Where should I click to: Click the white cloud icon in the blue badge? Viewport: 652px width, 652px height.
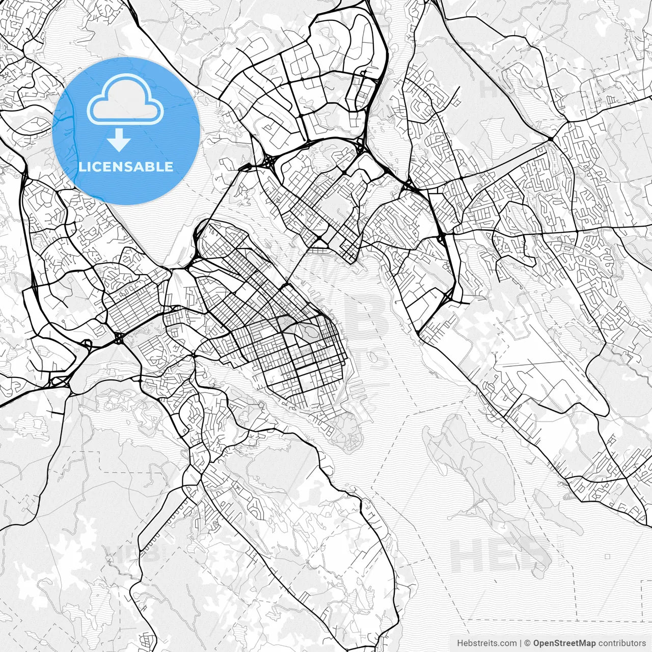[x=125, y=99]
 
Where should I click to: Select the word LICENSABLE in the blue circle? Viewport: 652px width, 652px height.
[x=126, y=167]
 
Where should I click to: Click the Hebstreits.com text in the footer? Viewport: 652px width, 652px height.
[x=486, y=643]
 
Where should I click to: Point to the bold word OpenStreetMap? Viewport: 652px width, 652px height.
[x=564, y=643]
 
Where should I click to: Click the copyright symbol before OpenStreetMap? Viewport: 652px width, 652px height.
[x=528, y=643]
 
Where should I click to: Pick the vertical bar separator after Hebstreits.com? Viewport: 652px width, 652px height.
[x=520, y=643]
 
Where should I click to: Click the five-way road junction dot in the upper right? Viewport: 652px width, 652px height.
[x=551, y=139]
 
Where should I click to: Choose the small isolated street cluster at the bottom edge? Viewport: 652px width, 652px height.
[x=148, y=640]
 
